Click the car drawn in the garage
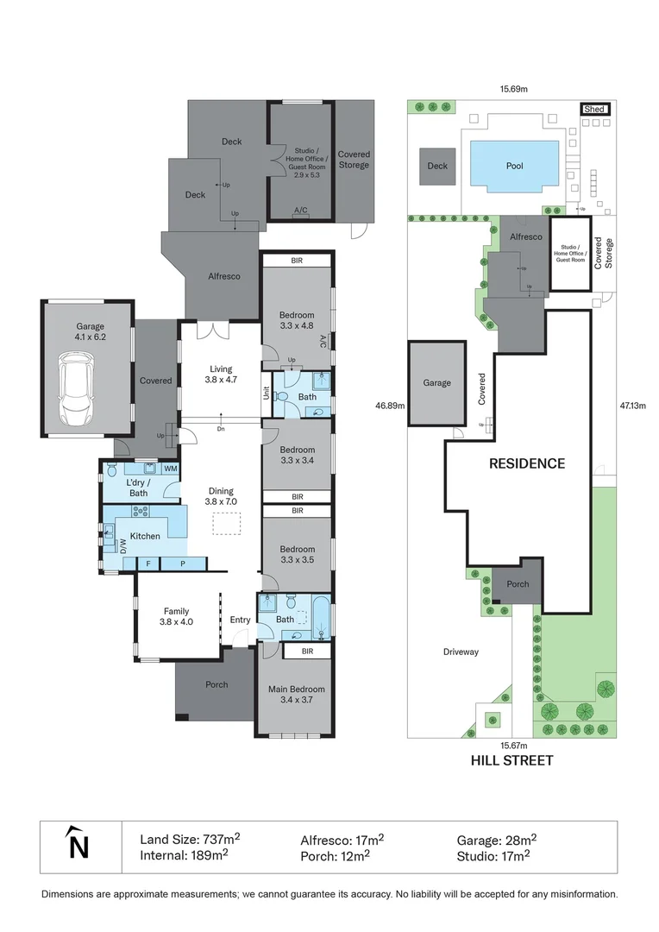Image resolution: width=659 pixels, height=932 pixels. point(76,390)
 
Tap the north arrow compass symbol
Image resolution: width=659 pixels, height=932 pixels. point(78,844)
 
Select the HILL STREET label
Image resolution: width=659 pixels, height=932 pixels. point(512,760)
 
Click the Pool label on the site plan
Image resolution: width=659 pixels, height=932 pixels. point(514,166)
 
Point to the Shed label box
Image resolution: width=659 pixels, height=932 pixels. point(594,110)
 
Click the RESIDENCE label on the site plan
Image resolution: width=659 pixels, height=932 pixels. point(527,463)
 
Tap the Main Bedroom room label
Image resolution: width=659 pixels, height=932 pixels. point(296,690)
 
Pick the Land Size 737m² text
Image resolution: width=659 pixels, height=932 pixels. point(190,839)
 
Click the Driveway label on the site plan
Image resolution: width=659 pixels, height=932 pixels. point(461,652)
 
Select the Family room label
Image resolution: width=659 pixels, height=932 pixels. point(176,612)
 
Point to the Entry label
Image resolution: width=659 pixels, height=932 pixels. point(240,620)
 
